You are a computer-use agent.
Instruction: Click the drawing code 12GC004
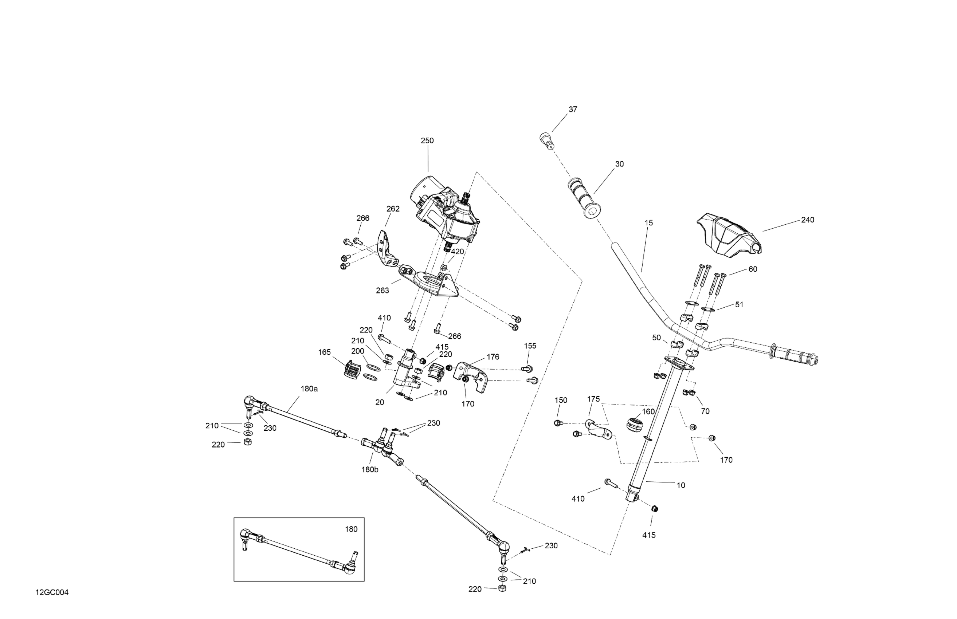(x=52, y=592)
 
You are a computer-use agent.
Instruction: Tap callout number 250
(x=427, y=141)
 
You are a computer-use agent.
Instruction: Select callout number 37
(x=573, y=109)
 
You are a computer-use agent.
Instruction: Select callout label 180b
(x=369, y=469)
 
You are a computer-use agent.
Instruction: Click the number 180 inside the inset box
(x=351, y=529)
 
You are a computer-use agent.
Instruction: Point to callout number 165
(x=324, y=352)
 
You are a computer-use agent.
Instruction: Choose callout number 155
(x=530, y=346)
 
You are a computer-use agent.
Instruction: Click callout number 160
(x=648, y=411)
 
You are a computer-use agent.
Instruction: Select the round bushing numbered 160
(x=635, y=426)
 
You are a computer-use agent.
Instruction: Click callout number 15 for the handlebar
(x=648, y=223)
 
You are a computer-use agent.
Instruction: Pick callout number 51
(x=739, y=305)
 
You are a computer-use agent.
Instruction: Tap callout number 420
(x=457, y=252)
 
